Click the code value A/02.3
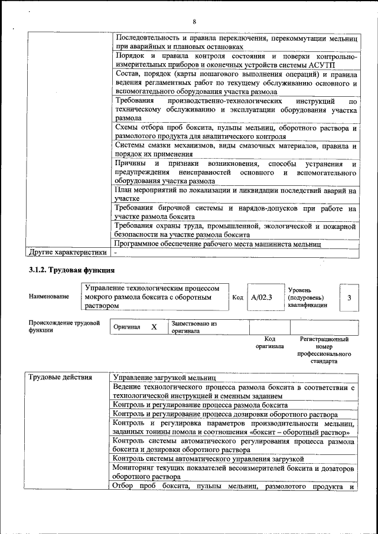click(x=261, y=297)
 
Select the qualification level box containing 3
click(x=349, y=297)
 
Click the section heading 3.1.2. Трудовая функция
click(x=71, y=270)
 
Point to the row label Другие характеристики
click(x=67, y=253)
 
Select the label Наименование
click(x=49, y=297)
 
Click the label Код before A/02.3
click(x=237, y=297)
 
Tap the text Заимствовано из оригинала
click(x=194, y=327)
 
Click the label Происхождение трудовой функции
click(x=64, y=327)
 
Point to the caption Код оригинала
click(x=270, y=343)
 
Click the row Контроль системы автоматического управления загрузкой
click(x=208, y=458)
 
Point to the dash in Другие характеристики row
click(x=116, y=253)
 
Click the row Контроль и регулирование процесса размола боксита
click(x=201, y=405)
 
